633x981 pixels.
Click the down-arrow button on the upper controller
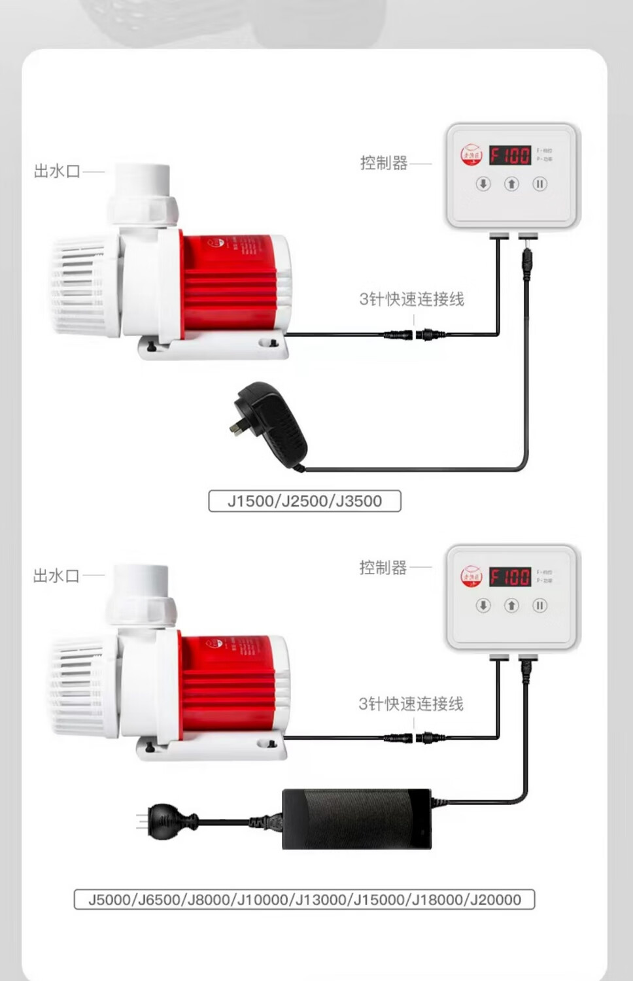[483, 184]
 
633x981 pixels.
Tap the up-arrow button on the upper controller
[511, 184]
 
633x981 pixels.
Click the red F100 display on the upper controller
[510, 156]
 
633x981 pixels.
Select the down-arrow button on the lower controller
[483, 605]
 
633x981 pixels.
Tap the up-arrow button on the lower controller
[511, 605]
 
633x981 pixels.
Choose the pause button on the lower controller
[539, 605]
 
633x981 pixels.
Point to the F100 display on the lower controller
[510, 577]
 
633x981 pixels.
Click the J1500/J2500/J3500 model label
[304, 501]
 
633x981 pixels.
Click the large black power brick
[356, 819]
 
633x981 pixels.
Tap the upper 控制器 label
[384, 163]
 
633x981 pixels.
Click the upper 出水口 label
[57, 171]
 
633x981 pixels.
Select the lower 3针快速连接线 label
[411, 704]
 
